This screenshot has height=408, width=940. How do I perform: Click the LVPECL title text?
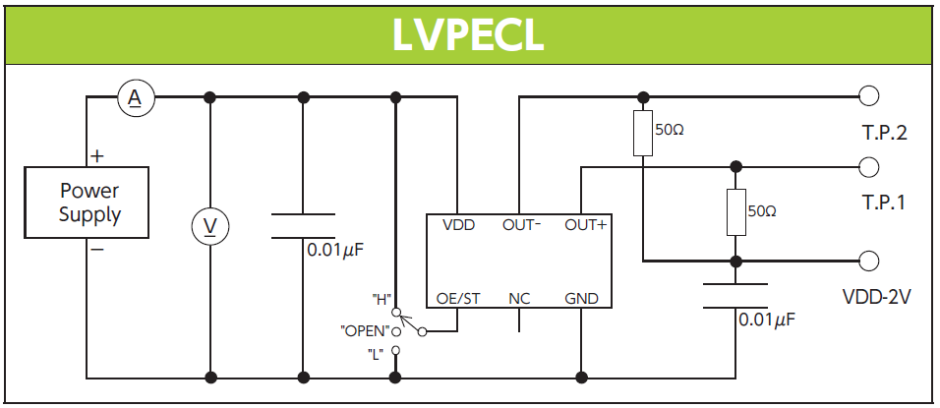tap(468, 34)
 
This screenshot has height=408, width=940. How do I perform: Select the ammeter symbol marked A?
tap(136, 96)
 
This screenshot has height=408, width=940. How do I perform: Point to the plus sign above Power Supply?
tap(98, 155)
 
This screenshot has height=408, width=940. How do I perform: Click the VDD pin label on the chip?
tap(458, 225)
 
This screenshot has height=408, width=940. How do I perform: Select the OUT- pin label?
tap(522, 225)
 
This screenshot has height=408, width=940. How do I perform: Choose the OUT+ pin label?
tap(585, 225)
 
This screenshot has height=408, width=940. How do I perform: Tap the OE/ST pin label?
tap(458, 299)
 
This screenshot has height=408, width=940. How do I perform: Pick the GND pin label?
tap(582, 299)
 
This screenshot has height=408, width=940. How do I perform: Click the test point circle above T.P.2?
tap(868, 96)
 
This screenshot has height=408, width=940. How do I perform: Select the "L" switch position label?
tap(376, 354)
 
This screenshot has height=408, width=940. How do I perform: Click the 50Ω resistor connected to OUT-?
tap(643, 134)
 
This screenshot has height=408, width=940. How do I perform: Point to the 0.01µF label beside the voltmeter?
tap(335, 250)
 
